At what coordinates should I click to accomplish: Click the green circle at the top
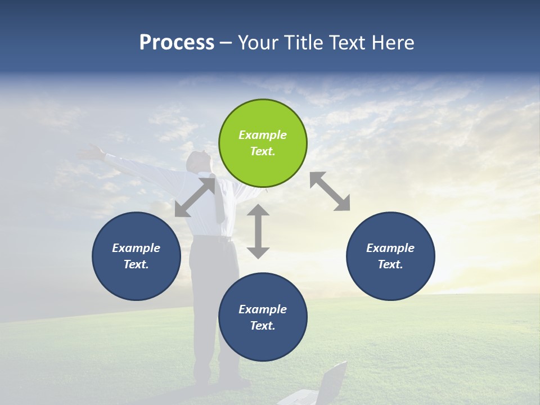(263, 143)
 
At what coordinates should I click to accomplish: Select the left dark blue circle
(136, 256)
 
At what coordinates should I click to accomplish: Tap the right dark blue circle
(390, 256)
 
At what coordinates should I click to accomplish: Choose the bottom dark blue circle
(263, 317)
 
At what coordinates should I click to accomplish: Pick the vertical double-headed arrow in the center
(258, 231)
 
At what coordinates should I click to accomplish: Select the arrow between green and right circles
(330, 191)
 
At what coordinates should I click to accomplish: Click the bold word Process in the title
(177, 43)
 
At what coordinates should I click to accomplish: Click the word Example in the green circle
(263, 135)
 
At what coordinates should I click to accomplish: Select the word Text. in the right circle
(390, 264)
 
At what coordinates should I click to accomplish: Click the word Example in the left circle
(136, 248)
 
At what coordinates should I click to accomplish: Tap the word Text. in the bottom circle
(263, 326)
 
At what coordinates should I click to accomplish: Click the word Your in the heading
(257, 43)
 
